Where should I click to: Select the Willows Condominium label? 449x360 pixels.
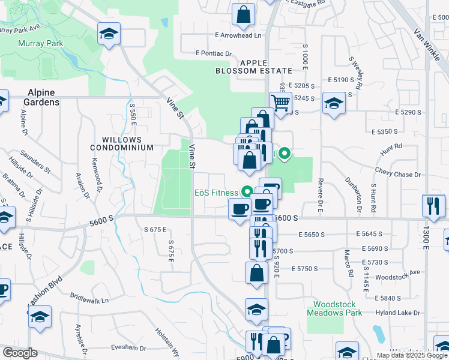click(122, 143)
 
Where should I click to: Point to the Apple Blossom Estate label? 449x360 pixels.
click(261, 67)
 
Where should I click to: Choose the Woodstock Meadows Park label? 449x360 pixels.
click(334, 308)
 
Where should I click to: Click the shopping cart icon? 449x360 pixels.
click(280, 103)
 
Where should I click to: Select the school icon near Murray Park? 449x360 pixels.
click(109, 34)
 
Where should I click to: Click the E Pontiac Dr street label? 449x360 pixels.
click(213, 53)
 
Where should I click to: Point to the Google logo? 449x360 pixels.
click(20, 353)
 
